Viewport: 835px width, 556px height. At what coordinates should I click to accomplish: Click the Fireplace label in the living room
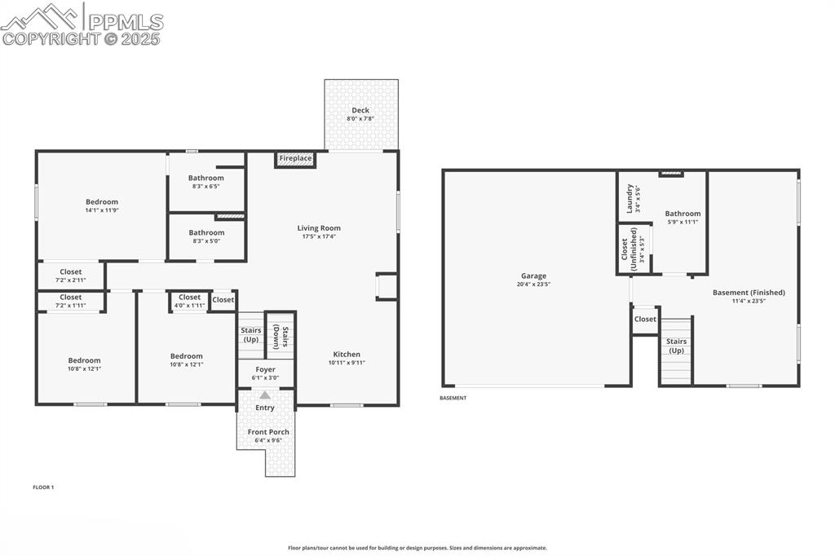point(295,158)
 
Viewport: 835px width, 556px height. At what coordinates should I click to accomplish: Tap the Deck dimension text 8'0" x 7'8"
point(360,119)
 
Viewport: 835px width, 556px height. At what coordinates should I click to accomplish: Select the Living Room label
point(319,228)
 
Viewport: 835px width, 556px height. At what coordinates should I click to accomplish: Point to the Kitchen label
point(347,354)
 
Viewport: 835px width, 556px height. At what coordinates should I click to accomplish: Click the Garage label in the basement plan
point(534,276)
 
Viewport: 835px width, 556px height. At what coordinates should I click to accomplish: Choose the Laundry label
point(630,198)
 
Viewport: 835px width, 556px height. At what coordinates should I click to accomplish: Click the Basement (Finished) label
point(749,292)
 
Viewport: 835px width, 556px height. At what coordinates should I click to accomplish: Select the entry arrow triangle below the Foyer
point(265,395)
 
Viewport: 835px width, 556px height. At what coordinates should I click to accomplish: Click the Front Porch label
point(268,431)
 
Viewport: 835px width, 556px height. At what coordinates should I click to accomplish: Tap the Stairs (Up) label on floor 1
point(250,334)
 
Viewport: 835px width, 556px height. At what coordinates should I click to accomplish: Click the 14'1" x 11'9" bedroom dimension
point(102,210)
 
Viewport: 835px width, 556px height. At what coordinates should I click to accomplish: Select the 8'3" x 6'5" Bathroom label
point(205,178)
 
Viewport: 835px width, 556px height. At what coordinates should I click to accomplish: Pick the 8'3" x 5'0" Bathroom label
point(206,232)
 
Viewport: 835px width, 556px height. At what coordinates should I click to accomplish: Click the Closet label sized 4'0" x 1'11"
point(189,298)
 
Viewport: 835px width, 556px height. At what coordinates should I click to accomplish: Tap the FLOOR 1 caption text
point(43,488)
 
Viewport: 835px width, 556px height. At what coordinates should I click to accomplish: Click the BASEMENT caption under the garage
point(453,399)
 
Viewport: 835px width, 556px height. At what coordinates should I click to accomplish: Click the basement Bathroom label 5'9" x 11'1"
point(683,214)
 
